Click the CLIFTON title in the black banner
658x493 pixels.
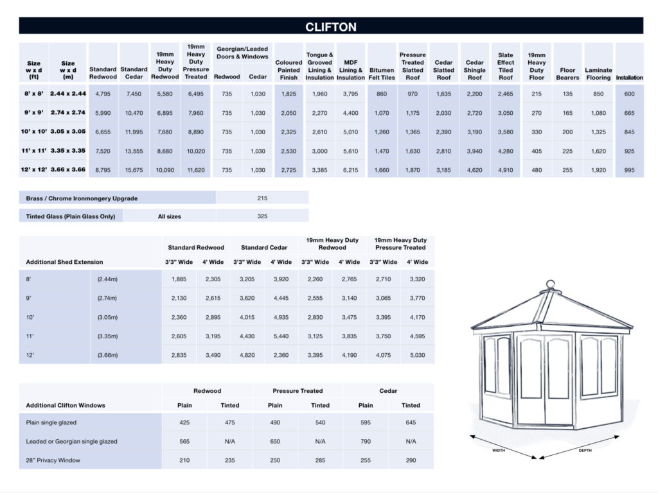click(x=330, y=27)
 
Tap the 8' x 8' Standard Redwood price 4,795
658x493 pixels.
click(x=103, y=94)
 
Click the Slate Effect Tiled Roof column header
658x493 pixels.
click(x=506, y=62)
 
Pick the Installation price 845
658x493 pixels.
click(x=629, y=132)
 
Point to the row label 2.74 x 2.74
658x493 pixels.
click(x=68, y=112)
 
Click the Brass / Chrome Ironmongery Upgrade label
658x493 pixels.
click(x=82, y=198)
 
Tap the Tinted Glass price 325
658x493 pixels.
click(x=262, y=216)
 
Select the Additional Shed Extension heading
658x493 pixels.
click(x=64, y=262)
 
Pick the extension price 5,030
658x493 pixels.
click(x=417, y=355)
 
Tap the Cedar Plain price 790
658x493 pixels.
click(x=366, y=441)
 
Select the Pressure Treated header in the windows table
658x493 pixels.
click(x=298, y=390)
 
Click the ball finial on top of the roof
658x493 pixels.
click(x=550, y=285)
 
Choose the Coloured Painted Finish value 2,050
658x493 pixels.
click(x=289, y=112)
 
